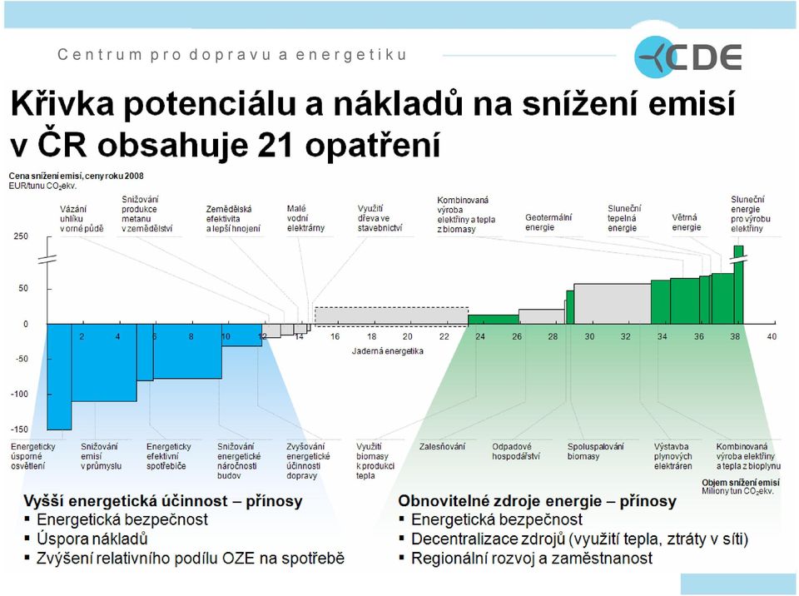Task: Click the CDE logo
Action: click(x=688, y=57)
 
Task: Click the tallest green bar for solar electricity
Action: click(x=738, y=285)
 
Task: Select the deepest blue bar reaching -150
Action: click(x=59, y=377)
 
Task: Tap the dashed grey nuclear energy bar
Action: click(x=391, y=316)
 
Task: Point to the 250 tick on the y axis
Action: click(x=21, y=236)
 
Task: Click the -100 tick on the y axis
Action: click(x=19, y=394)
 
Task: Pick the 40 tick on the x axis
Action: click(x=772, y=336)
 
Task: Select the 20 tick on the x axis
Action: click(x=407, y=336)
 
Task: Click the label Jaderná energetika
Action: click(x=387, y=350)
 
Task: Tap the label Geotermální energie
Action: click(x=548, y=222)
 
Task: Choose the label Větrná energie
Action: click(x=687, y=222)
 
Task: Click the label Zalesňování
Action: click(x=442, y=447)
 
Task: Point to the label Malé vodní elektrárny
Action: click(x=305, y=218)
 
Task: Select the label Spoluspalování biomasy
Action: click(x=595, y=451)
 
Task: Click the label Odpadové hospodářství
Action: click(x=516, y=451)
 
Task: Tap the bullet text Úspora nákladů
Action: click(x=92, y=539)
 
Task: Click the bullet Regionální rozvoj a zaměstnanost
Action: click(x=532, y=559)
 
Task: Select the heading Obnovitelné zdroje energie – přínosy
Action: click(x=537, y=501)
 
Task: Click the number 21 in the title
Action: click(x=275, y=145)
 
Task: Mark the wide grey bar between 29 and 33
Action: click(x=613, y=304)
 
